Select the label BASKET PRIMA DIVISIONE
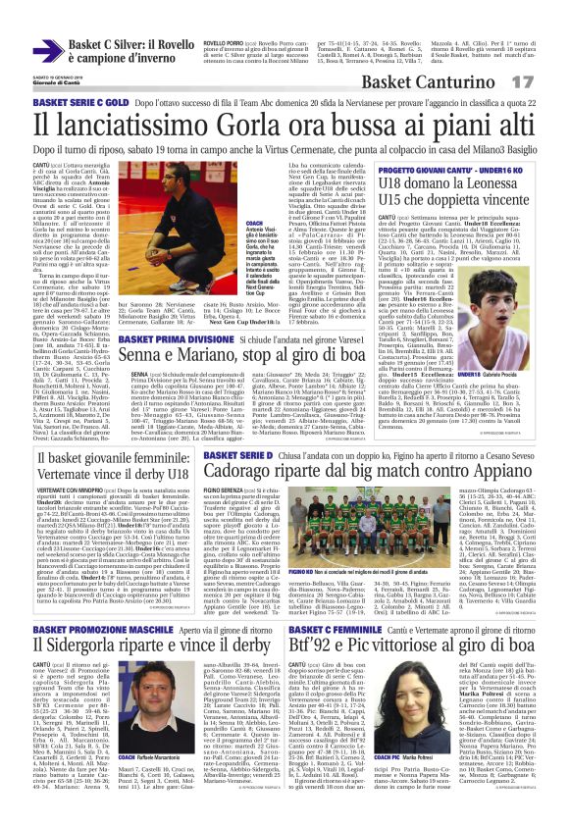[171, 337]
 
